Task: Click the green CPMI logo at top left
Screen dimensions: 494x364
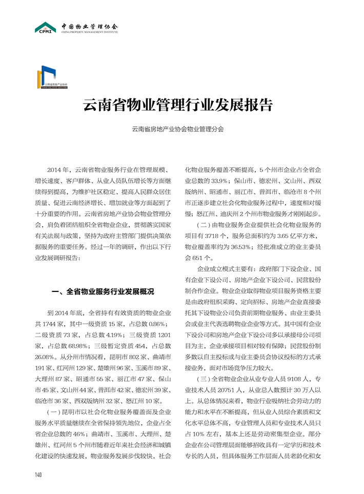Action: click(45, 28)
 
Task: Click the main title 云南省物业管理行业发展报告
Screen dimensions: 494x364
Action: click(178, 105)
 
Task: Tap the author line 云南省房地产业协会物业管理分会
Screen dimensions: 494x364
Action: click(177, 130)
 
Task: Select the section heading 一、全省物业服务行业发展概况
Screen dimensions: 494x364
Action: click(104, 292)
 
